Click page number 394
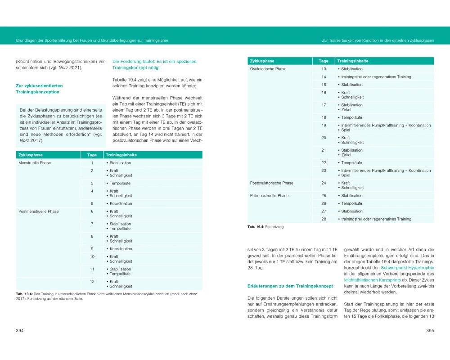click(x=20, y=331)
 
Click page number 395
click(x=430, y=331)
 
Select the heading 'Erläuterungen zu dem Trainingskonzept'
click(x=290, y=286)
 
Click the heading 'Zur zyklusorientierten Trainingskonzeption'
click(x=40, y=89)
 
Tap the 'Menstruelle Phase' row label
click(x=35, y=163)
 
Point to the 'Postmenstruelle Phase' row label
click(x=38, y=211)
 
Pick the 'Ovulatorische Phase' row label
click(x=268, y=69)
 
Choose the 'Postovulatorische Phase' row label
click(x=272, y=183)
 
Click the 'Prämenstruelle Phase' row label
click(x=270, y=196)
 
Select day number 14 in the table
click(x=324, y=77)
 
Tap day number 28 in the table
click(x=324, y=219)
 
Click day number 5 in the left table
click(x=92, y=203)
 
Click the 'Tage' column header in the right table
click(x=324, y=61)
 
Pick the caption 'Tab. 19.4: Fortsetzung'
click(x=265, y=227)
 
